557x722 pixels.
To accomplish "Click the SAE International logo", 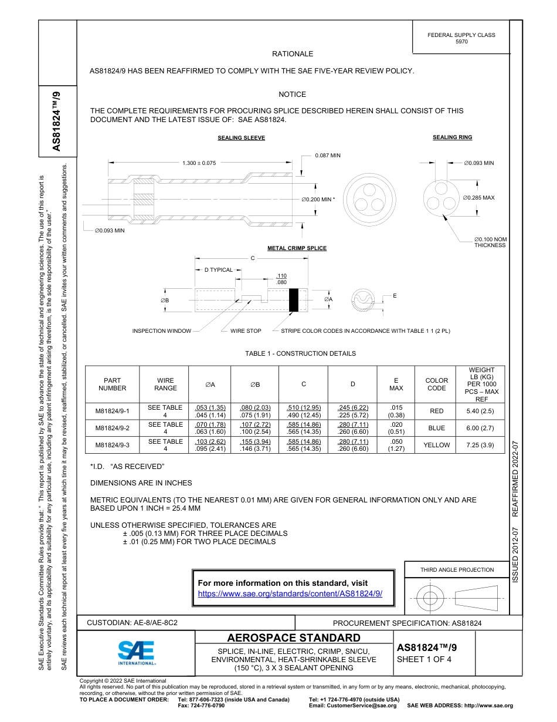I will click(137, 652).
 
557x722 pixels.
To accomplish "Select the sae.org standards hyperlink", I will click(290, 593).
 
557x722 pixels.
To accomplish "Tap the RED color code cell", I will click(436, 411).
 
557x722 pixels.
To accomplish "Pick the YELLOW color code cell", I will click(436, 445).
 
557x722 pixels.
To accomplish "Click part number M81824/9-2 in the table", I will click(112, 429).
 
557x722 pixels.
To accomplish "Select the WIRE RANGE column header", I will click(165, 384).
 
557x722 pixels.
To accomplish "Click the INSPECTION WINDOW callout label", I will click(162, 331).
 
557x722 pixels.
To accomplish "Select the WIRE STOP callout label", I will click(246, 331).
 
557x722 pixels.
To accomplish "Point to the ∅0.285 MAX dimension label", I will click(479, 198).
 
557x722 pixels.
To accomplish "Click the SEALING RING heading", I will click(452, 137).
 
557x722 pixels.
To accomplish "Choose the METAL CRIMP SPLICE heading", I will click(297, 248).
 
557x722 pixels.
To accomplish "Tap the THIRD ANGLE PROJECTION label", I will click(457, 569).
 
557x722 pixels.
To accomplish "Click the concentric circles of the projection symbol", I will click(430, 598).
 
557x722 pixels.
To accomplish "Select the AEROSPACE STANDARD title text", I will click(294, 638).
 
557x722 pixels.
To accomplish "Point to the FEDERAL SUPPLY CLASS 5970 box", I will click(461, 38).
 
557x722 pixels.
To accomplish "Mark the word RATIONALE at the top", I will click(293, 54).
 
